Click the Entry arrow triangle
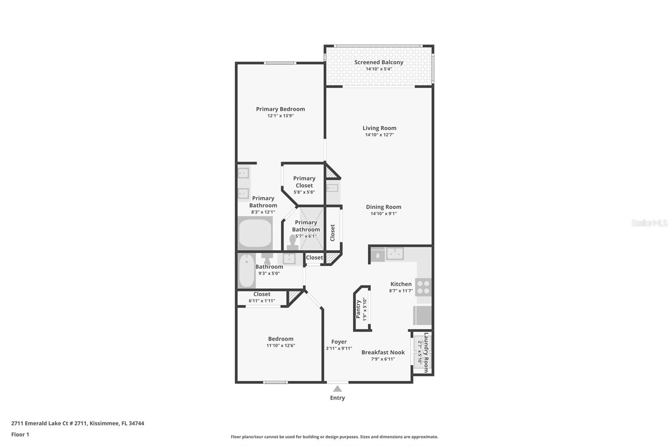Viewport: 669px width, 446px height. (x=337, y=389)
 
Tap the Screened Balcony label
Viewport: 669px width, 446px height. (x=379, y=62)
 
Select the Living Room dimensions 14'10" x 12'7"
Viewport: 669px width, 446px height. (x=379, y=135)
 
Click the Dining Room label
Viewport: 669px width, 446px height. (x=383, y=207)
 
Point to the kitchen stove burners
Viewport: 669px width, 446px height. (x=424, y=287)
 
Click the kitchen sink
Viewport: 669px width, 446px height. (x=395, y=254)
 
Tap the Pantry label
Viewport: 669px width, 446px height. (x=358, y=309)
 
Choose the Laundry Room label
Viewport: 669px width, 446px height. (x=426, y=352)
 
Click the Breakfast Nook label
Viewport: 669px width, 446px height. (x=383, y=352)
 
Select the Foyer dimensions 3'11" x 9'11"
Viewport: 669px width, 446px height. (x=339, y=348)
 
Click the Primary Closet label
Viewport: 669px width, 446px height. (x=304, y=182)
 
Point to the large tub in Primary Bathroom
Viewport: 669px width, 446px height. (x=255, y=233)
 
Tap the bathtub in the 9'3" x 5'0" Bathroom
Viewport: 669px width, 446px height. (x=247, y=270)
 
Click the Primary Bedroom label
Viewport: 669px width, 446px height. (x=281, y=109)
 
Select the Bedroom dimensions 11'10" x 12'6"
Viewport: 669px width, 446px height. (x=281, y=346)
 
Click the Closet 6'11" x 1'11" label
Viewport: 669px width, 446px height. (x=262, y=294)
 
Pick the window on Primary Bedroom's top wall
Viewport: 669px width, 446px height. (x=280, y=63)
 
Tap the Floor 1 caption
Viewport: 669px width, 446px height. (x=20, y=434)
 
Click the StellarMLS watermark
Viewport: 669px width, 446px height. (x=649, y=223)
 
